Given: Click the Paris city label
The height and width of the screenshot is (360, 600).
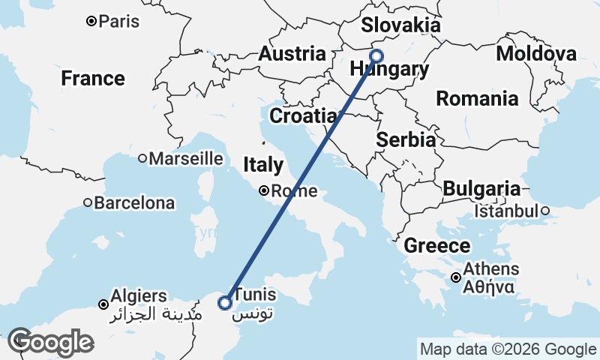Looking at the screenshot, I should [x=119, y=21].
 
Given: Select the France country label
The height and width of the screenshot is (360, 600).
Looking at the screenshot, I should [x=93, y=78].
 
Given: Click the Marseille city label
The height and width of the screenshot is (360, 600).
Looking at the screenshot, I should [x=186, y=158].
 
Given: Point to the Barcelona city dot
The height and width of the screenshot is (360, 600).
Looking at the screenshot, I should [x=88, y=202].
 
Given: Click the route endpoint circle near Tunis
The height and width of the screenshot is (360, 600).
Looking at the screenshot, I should [x=224, y=303].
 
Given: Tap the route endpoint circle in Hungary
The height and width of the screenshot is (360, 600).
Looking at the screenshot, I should [x=376, y=55].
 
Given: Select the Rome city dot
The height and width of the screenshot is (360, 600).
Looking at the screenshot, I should [x=264, y=190].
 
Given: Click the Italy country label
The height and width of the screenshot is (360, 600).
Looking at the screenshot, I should [x=262, y=165].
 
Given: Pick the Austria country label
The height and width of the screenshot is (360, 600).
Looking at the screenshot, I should [x=292, y=54].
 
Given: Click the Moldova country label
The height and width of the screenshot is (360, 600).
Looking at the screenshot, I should [x=536, y=53].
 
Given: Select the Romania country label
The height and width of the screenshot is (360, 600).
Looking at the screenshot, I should [x=477, y=98].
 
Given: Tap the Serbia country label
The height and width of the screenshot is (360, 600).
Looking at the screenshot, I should [x=406, y=139].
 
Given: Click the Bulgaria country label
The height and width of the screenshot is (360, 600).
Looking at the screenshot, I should [x=481, y=189].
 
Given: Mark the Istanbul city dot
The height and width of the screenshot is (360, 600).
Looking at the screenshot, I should [x=545, y=211].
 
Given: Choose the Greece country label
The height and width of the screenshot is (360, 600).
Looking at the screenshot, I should [x=437, y=245].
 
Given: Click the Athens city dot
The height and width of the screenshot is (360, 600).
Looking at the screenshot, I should [x=457, y=278].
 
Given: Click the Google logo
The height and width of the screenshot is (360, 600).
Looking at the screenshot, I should [x=50, y=341].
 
